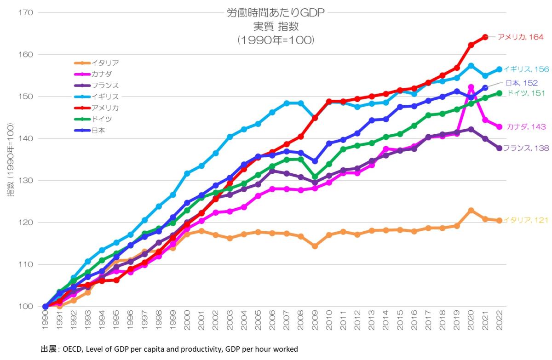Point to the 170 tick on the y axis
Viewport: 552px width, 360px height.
[26, 12]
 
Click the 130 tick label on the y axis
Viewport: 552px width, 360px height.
[26, 180]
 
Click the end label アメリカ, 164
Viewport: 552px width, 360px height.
[521, 37]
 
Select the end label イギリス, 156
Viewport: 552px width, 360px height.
[525, 69]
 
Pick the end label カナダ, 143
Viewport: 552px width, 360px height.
[526, 127]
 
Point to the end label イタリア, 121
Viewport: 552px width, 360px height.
[525, 221]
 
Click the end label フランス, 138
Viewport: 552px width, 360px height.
[525, 148]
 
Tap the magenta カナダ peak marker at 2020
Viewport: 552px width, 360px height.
[471, 87]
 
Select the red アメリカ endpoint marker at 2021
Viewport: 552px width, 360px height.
[485, 37]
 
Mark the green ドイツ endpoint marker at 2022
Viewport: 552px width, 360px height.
[500, 93]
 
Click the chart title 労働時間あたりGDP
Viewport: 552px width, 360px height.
[276, 13]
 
